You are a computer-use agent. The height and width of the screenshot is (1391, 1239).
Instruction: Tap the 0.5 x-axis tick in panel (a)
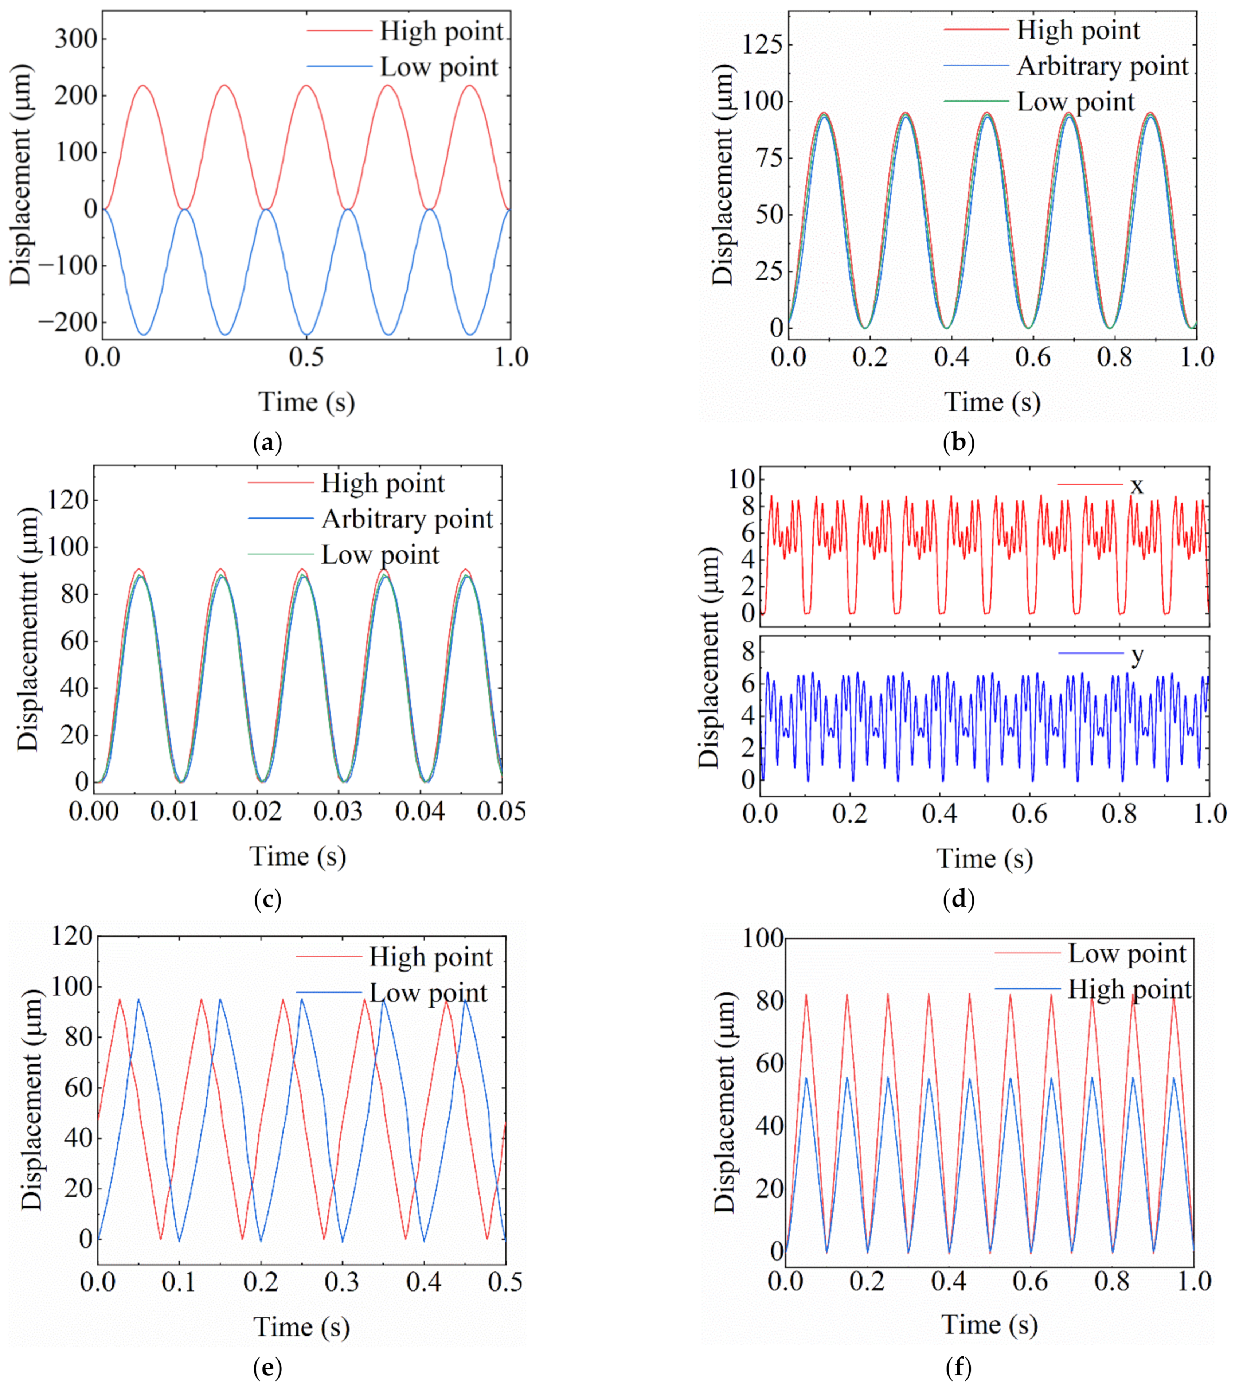[306, 357]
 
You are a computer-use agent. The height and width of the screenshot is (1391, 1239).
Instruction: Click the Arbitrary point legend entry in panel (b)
[1102, 66]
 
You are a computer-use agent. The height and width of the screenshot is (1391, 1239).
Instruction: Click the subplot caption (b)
[958, 443]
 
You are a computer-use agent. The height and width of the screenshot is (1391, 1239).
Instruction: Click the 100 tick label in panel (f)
[762, 938]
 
